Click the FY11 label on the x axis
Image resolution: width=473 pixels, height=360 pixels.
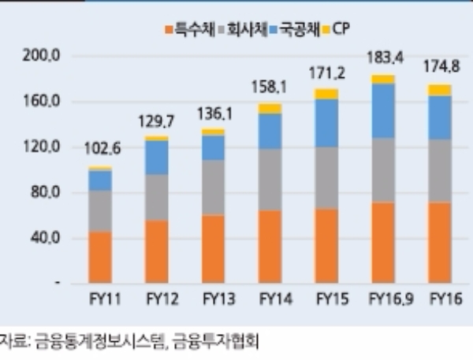coord(100,300)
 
